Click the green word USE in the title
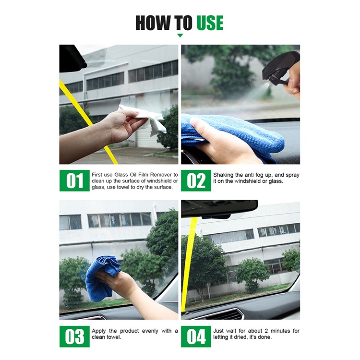click(210, 23)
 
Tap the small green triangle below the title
click(180, 36)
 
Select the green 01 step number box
click(74, 180)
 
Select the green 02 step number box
click(196, 180)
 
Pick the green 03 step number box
click(74, 336)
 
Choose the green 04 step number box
click(196, 336)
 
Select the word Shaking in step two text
click(223, 175)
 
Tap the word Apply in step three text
click(98, 331)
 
